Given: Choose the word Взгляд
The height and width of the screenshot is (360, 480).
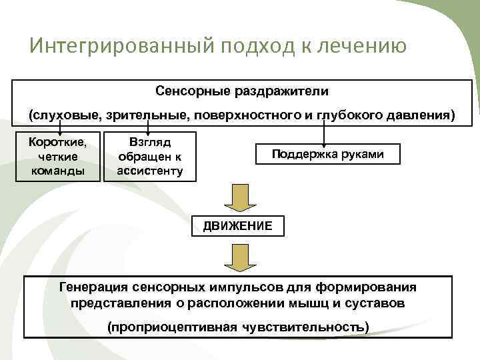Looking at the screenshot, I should point(150,143).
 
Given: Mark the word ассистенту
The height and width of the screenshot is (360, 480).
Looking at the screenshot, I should point(150,170).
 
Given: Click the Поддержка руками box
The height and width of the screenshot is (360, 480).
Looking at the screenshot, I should point(327,154).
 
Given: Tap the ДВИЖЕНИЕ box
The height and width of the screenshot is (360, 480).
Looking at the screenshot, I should point(237,225).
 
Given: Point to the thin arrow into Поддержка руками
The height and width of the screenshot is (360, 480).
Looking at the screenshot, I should point(324,134).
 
